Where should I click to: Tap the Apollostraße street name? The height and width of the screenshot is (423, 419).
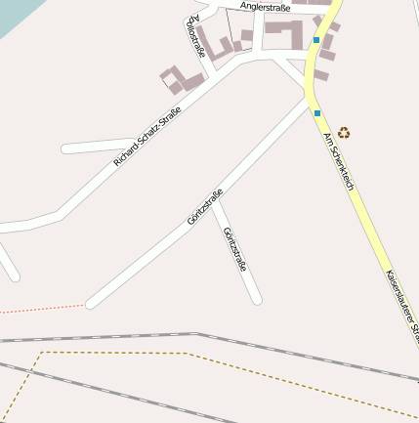coord(194,37)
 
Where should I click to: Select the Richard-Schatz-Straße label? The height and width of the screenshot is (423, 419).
coord(147,138)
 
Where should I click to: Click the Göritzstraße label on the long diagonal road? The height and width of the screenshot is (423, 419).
coord(205,206)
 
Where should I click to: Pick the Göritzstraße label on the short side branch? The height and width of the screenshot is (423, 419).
coord(235,249)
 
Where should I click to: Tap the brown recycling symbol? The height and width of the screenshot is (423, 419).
coord(344,132)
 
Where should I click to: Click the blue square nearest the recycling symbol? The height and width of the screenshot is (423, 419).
coord(317,113)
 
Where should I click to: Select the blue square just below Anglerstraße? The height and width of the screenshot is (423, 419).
coord(316,40)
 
